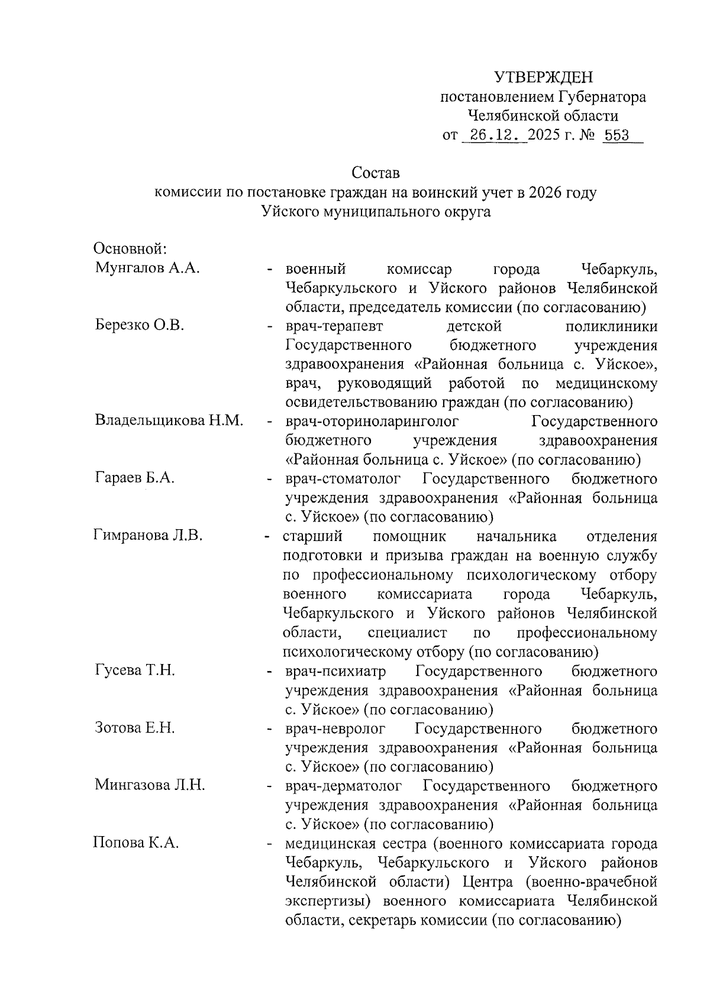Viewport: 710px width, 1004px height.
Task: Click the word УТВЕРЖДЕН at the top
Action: [543, 77]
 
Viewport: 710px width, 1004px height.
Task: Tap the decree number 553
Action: [617, 135]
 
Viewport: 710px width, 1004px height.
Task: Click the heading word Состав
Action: [375, 173]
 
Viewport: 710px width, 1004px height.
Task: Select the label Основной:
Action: [131, 248]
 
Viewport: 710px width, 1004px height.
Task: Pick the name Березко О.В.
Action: [140, 325]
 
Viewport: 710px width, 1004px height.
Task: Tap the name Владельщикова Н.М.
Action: [169, 421]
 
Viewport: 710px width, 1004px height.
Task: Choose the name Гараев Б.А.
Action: [135, 478]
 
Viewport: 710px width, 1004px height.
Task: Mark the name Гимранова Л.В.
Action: [149, 536]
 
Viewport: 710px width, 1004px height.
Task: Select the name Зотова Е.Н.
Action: [135, 728]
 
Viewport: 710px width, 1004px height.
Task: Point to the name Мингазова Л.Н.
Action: [150, 785]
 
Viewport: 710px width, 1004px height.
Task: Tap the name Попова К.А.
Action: [136, 843]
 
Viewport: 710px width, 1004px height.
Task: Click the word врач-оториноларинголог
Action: [372, 422]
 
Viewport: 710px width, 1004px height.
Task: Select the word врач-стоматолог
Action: [343, 479]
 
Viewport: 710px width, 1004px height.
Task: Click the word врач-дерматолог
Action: [344, 786]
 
